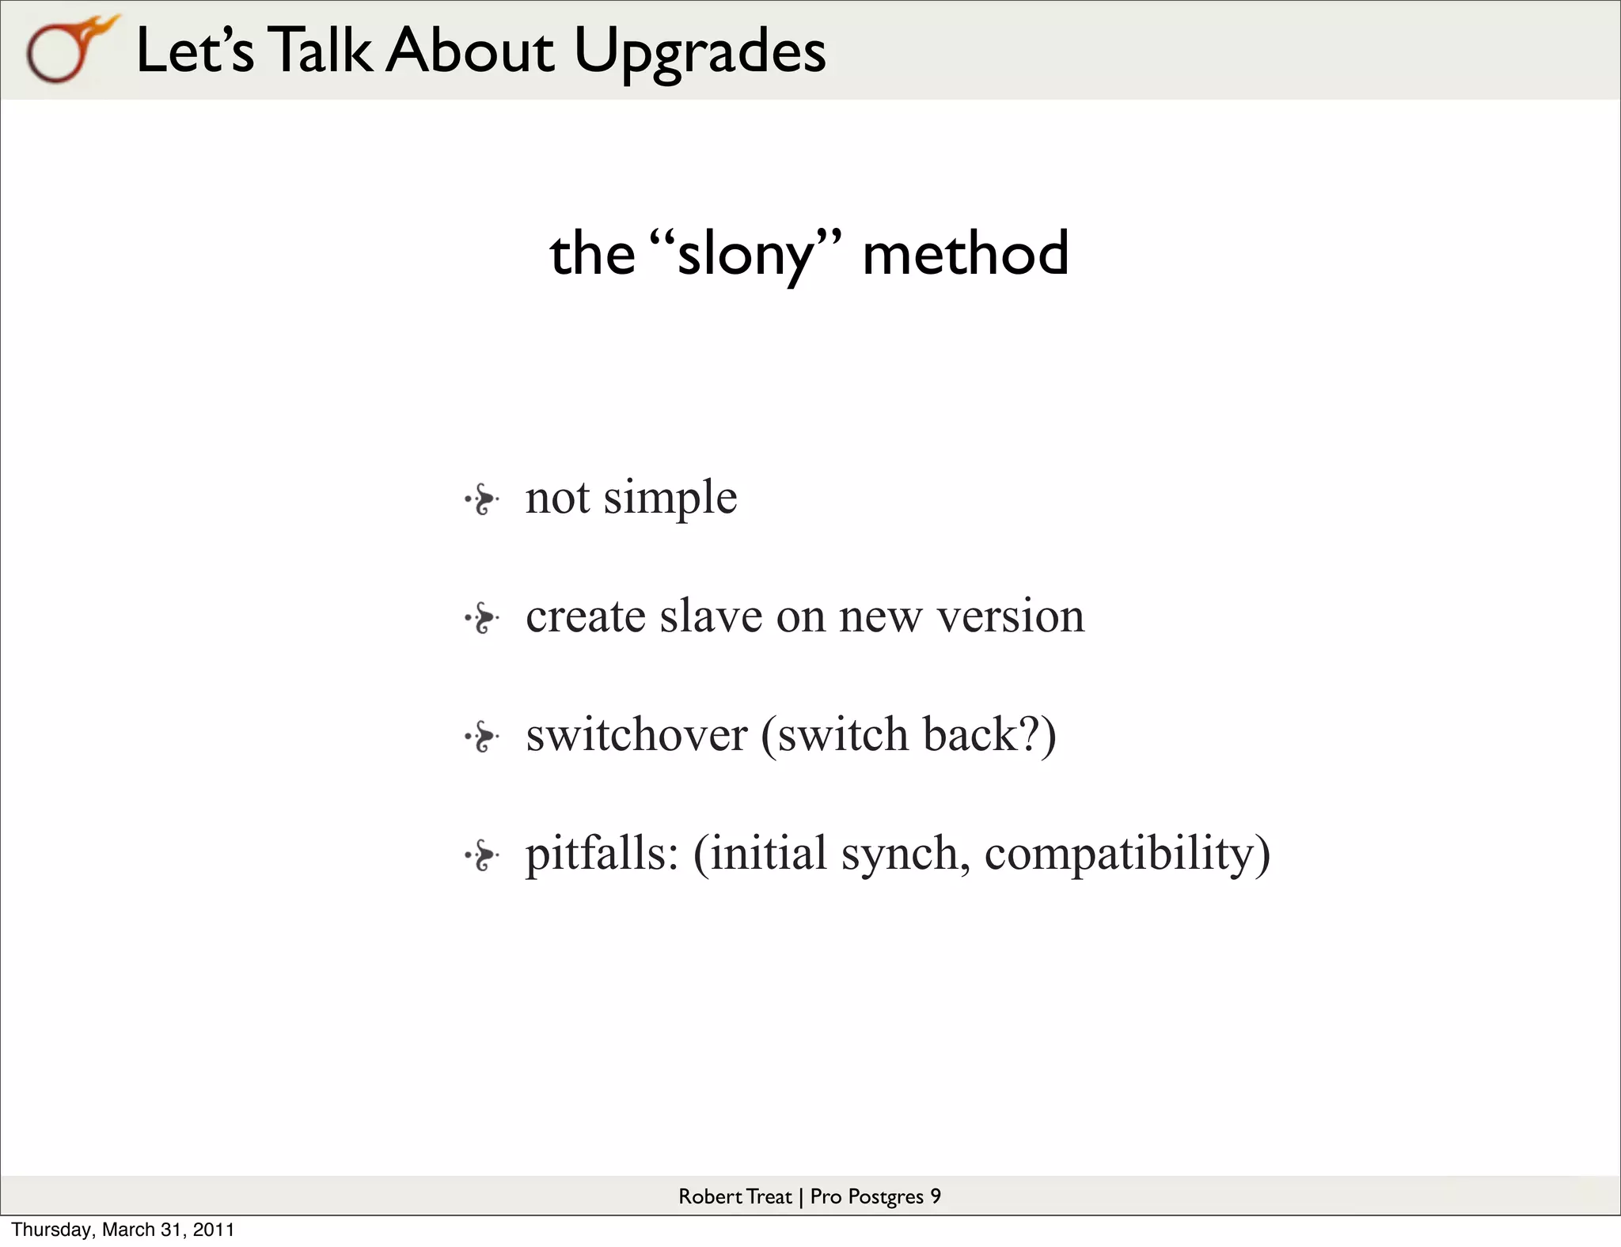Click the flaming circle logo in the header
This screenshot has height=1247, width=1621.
click(x=67, y=51)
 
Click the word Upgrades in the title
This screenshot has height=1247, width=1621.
click(x=700, y=52)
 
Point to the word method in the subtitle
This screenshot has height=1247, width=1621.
click(x=965, y=254)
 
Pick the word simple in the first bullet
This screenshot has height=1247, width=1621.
click(x=670, y=499)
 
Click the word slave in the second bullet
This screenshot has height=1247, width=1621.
click(x=710, y=616)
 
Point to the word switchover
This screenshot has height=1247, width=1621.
click(x=636, y=735)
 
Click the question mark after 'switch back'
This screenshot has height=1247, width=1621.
click(x=1030, y=733)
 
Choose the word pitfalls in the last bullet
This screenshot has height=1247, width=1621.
click(x=602, y=854)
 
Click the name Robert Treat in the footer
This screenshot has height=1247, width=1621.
click(x=735, y=1196)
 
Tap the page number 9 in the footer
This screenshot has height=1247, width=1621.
click(x=936, y=1196)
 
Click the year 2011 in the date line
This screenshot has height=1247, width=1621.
click(x=214, y=1230)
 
